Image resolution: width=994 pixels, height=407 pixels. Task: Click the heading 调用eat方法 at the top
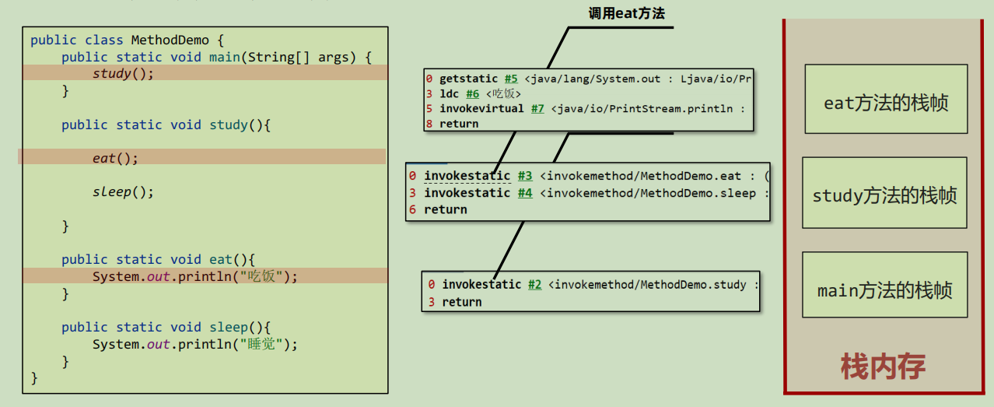[627, 13]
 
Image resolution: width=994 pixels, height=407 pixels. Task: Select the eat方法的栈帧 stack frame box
[886, 99]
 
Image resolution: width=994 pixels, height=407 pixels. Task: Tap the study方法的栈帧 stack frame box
[884, 193]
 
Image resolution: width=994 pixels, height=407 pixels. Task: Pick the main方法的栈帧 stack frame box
[885, 285]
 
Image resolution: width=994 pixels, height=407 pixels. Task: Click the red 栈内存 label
[883, 367]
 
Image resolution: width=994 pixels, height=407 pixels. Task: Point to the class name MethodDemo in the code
[170, 40]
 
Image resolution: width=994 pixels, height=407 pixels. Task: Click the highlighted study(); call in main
[123, 73]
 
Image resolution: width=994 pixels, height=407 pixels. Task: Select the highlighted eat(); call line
[115, 158]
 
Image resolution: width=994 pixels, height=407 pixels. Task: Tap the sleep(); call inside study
[123, 191]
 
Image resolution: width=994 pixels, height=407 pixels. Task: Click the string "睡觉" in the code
[261, 344]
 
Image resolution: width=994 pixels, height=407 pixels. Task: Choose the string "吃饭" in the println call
[261, 276]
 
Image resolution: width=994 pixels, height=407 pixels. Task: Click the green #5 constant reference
[511, 79]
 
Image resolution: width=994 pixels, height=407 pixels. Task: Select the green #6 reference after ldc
[473, 93]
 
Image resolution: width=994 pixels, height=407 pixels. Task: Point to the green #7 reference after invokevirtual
[537, 109]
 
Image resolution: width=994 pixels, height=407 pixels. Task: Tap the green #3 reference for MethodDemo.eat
[525, 176]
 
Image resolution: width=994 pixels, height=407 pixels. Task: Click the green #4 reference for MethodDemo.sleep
[525, 193]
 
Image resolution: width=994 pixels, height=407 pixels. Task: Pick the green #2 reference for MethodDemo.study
[534, 285]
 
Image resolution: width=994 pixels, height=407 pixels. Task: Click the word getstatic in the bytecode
[468, 79]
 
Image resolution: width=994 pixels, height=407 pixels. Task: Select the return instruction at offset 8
[459, 124]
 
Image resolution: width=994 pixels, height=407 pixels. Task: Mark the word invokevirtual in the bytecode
[481, 109]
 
